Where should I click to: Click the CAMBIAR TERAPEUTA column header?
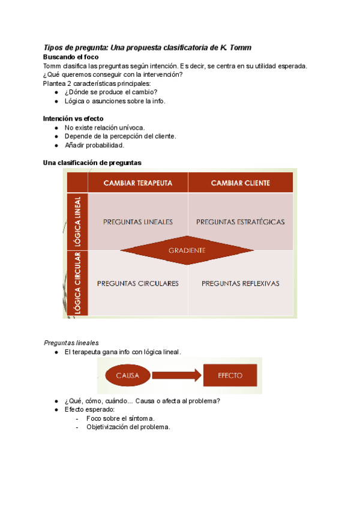(138, 182)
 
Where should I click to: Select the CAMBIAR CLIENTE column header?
(240, 182)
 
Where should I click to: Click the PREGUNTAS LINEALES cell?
(138, 221)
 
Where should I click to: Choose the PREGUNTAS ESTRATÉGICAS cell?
(240, 221)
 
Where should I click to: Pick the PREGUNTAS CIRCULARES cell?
(138, 283)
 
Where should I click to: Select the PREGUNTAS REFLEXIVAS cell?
(240, 283)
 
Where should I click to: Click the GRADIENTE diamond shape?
(187, 250)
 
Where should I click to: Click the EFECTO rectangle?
(230, 376)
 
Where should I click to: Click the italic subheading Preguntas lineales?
(71, 342)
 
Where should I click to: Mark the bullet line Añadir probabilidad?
(94, 145)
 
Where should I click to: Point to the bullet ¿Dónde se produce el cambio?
(110, 92)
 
